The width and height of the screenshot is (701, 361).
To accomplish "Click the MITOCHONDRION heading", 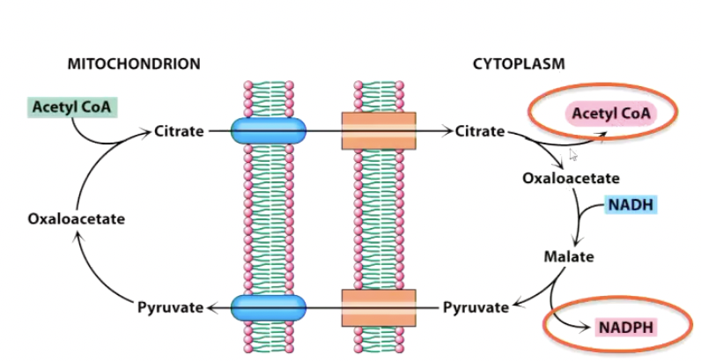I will click(x=134, y=63).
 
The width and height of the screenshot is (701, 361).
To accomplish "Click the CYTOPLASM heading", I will click(x=519, y=63).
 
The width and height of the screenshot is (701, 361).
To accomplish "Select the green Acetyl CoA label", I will click(x=70, y=107).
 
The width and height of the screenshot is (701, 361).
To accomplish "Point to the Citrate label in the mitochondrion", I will click(x=179, y=132).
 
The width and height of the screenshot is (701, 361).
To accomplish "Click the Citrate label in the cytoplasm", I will click(x=480, y=132).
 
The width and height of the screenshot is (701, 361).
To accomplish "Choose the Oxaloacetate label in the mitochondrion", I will click(x=76, y=219).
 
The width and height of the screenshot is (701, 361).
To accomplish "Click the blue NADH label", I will click(x=631, y=206).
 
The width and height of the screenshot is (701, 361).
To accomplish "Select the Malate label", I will click(x=568, y=257).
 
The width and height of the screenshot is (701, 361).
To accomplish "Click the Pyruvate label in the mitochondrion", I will click(x=170, y=307).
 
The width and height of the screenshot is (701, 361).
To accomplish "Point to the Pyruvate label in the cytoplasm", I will click(x=476, y=307).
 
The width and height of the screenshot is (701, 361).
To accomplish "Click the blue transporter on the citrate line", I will click(x=269, y=132).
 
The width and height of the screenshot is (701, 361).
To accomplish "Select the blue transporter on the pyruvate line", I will click(x=269, y=307).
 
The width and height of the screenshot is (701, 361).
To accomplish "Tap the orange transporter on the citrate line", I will click(x=379, y=132).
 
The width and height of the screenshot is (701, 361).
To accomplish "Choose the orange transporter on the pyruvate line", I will click(x=379, y=307).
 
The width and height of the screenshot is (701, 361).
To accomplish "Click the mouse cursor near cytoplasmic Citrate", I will click(x=572, y=155).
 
